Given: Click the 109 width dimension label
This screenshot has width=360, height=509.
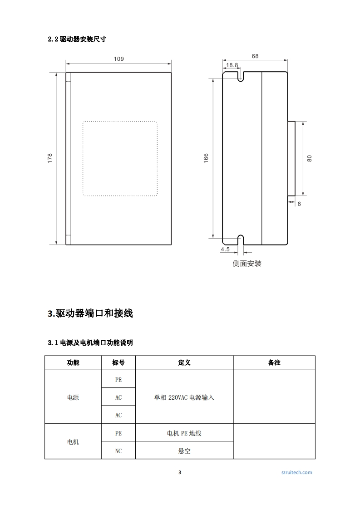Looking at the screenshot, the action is (x=118, y=59).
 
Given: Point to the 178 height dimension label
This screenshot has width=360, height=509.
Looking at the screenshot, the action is (x=50, y=158).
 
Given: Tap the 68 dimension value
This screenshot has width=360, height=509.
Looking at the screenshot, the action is (x=255, y=56).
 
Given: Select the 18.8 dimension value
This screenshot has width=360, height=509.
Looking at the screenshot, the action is (x=232, y=65).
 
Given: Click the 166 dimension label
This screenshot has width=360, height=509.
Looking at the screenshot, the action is (x=206, y=158).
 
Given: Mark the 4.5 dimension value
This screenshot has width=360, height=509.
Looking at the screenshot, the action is (x=225, y=250).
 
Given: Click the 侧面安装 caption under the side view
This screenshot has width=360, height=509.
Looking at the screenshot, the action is (x=247, y=264).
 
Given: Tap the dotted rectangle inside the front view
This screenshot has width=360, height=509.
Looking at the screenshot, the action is (x=120, y=158).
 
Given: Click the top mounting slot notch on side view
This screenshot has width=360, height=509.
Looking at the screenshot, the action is (x=241, y=76).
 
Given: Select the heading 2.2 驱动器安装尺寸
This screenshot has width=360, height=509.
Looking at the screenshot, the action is (x=77, y=39).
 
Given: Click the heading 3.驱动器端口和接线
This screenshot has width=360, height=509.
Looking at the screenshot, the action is (x=90, y=313).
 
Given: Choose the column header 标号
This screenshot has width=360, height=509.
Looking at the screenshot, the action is (x=118, y=363).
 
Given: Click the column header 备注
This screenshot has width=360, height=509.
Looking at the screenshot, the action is (x=274, y=363).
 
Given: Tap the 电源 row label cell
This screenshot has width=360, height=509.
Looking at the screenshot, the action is (x=73, y=397).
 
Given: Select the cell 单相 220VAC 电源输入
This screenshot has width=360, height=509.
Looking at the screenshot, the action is (x=184, y=397).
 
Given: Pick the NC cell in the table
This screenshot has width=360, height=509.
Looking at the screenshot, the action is (x=118, y=451).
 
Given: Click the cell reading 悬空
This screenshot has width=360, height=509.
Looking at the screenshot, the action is (x=184, y=451).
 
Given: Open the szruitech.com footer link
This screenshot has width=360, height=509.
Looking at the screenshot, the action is (x=297, y=472).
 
